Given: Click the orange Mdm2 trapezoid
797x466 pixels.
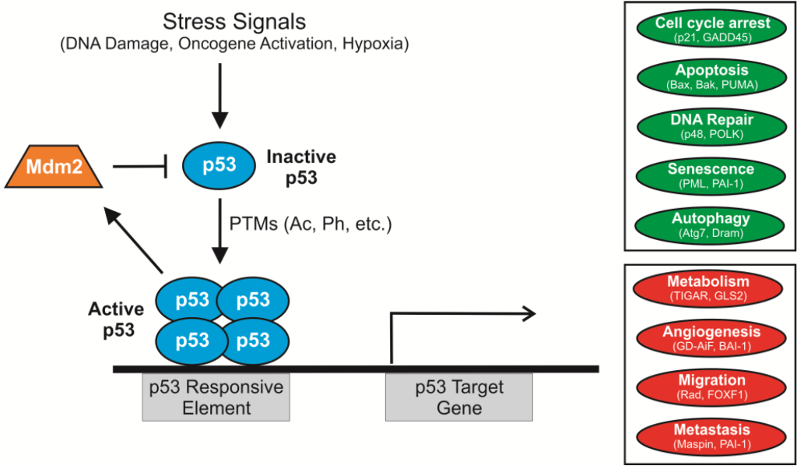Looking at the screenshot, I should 58,166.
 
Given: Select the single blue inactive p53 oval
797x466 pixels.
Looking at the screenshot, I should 220,166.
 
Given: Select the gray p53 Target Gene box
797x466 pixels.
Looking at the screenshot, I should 458,397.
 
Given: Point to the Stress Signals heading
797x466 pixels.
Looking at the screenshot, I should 233,21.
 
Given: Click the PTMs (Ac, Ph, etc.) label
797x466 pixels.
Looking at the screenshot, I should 310,224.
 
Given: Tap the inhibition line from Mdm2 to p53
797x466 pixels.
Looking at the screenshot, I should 141,166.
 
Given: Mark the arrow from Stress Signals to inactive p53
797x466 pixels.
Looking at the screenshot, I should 221,94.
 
